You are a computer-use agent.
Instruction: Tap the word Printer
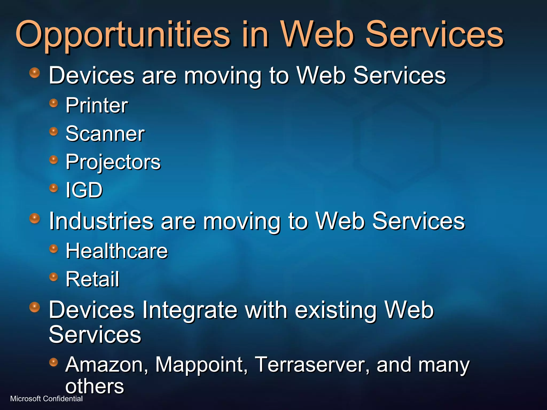(97, 105)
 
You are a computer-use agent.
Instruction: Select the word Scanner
(105, 133)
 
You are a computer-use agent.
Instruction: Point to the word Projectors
(113, 162)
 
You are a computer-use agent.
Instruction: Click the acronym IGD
(84, 190)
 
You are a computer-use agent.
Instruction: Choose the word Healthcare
(117, 251)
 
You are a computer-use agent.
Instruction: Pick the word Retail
(92, 279)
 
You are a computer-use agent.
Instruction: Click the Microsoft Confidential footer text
(46, 399)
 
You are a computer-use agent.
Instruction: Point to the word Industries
(101, 221)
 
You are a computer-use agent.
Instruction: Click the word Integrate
(190, 310)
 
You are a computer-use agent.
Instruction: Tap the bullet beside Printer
(54, 103)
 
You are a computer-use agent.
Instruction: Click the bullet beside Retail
(54, 277)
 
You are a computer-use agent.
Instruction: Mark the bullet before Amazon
(54, 362)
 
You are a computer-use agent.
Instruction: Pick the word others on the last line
(95, 386)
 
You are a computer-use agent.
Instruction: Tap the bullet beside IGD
(54, 188)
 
